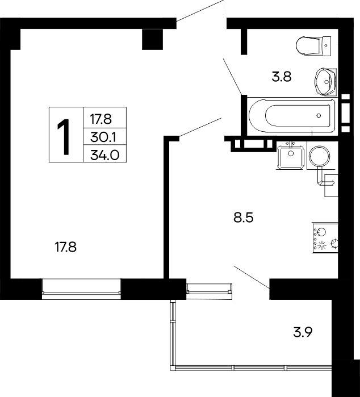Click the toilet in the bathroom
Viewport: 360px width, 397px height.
(313, 46)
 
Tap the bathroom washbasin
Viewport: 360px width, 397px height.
(325, 82)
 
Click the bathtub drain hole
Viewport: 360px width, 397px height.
(319, 116)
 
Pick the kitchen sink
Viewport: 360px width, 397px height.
(290, 156)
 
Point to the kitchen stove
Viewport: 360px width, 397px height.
(325, 238)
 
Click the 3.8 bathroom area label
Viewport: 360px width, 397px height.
(282, 77)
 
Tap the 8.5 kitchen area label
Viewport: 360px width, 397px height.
(243, 218)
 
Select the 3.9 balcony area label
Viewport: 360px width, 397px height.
(303, 332)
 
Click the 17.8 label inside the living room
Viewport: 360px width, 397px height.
(65, 247)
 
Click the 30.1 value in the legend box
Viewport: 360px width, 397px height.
(103, 137)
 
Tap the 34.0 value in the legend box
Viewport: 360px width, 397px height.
(104, 155)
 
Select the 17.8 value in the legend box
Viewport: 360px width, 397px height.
(101, 119)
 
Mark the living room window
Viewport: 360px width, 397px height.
(82, 289)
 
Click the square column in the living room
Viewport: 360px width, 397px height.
(152, 39)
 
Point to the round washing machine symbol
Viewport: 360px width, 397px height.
(319, 156)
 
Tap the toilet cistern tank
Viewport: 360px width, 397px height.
(326, 46)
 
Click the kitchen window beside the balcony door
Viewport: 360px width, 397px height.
(209, 289)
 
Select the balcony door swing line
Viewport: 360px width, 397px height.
(252, 277)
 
